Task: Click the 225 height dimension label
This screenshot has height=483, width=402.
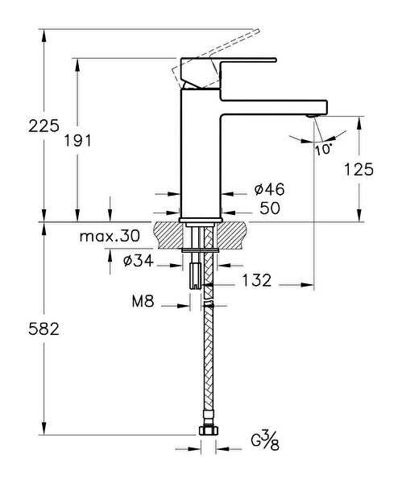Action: coord(44,126)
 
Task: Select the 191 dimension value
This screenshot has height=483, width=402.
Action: coord(77,141)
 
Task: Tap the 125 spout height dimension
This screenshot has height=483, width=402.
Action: coord(358,169)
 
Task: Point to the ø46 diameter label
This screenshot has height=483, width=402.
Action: coord(269,189)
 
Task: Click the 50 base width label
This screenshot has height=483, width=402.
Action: coord(270,208)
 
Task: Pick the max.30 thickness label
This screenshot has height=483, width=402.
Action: coord(110,236)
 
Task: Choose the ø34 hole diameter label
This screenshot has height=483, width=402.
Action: coord(138,261)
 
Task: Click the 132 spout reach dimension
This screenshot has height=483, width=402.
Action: coord(256,280)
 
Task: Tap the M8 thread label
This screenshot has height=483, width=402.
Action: coord(143,301)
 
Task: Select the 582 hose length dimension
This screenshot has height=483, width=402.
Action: coord(44,329)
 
